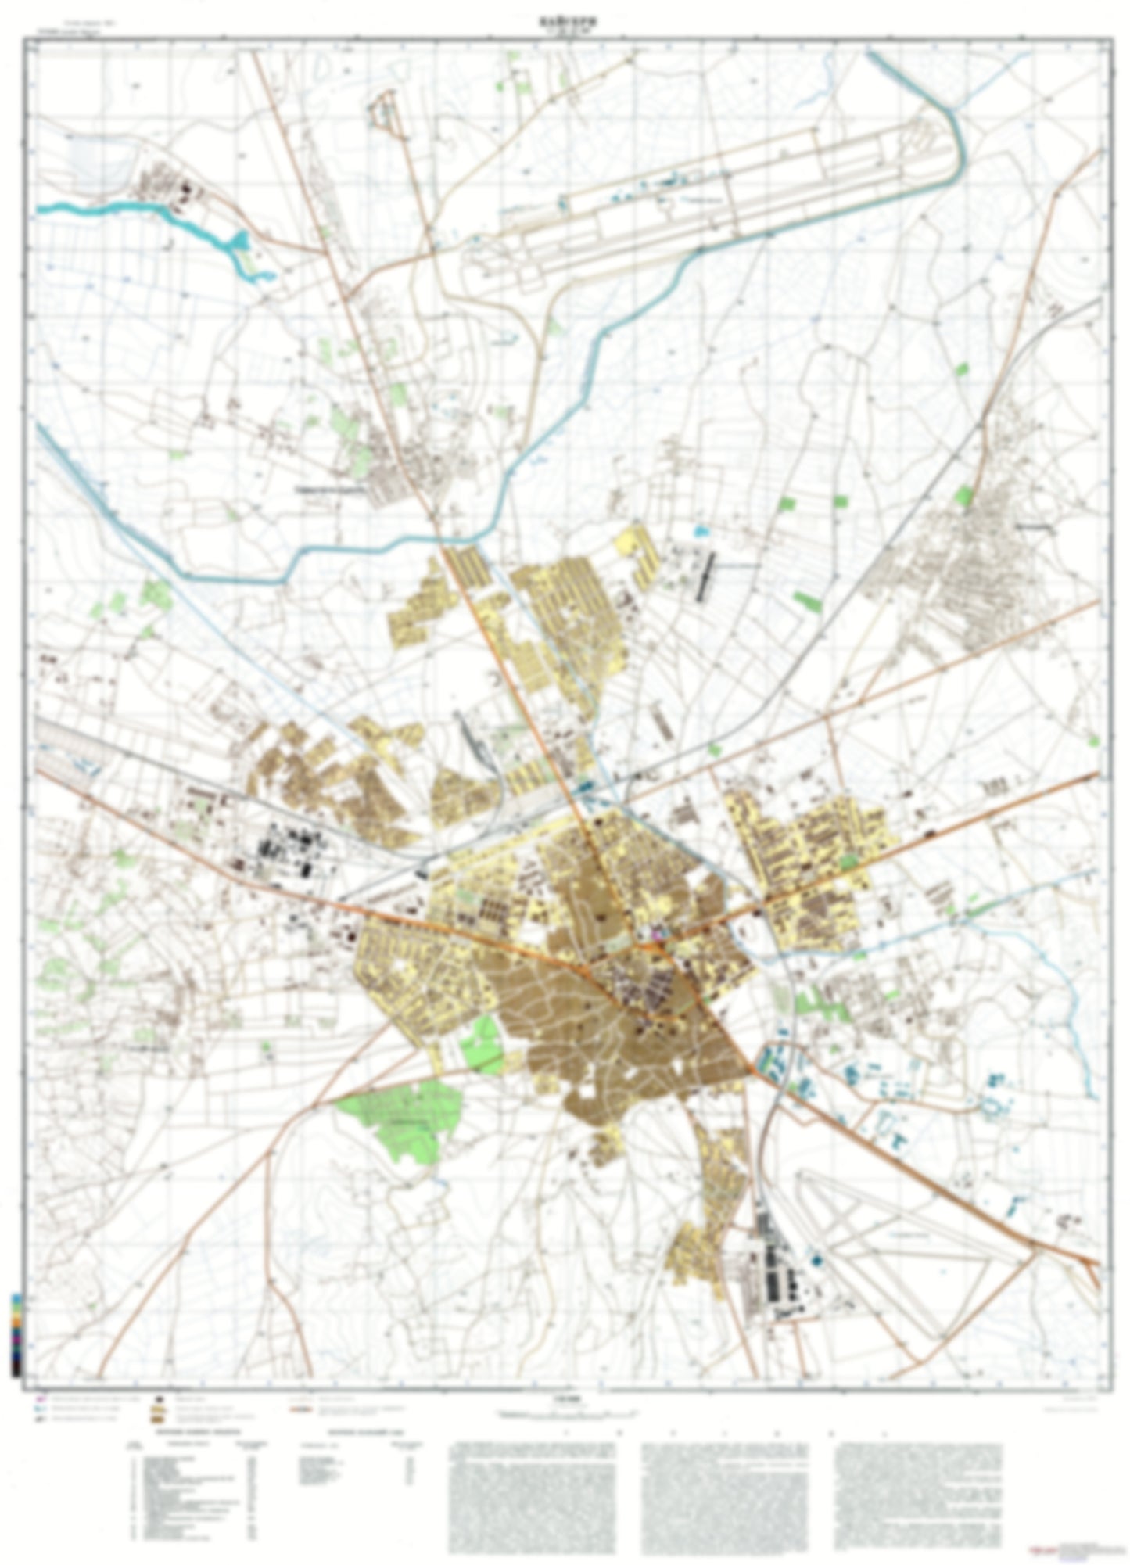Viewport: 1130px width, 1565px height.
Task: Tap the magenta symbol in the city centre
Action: pyautogui.click(x=657, y=932)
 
